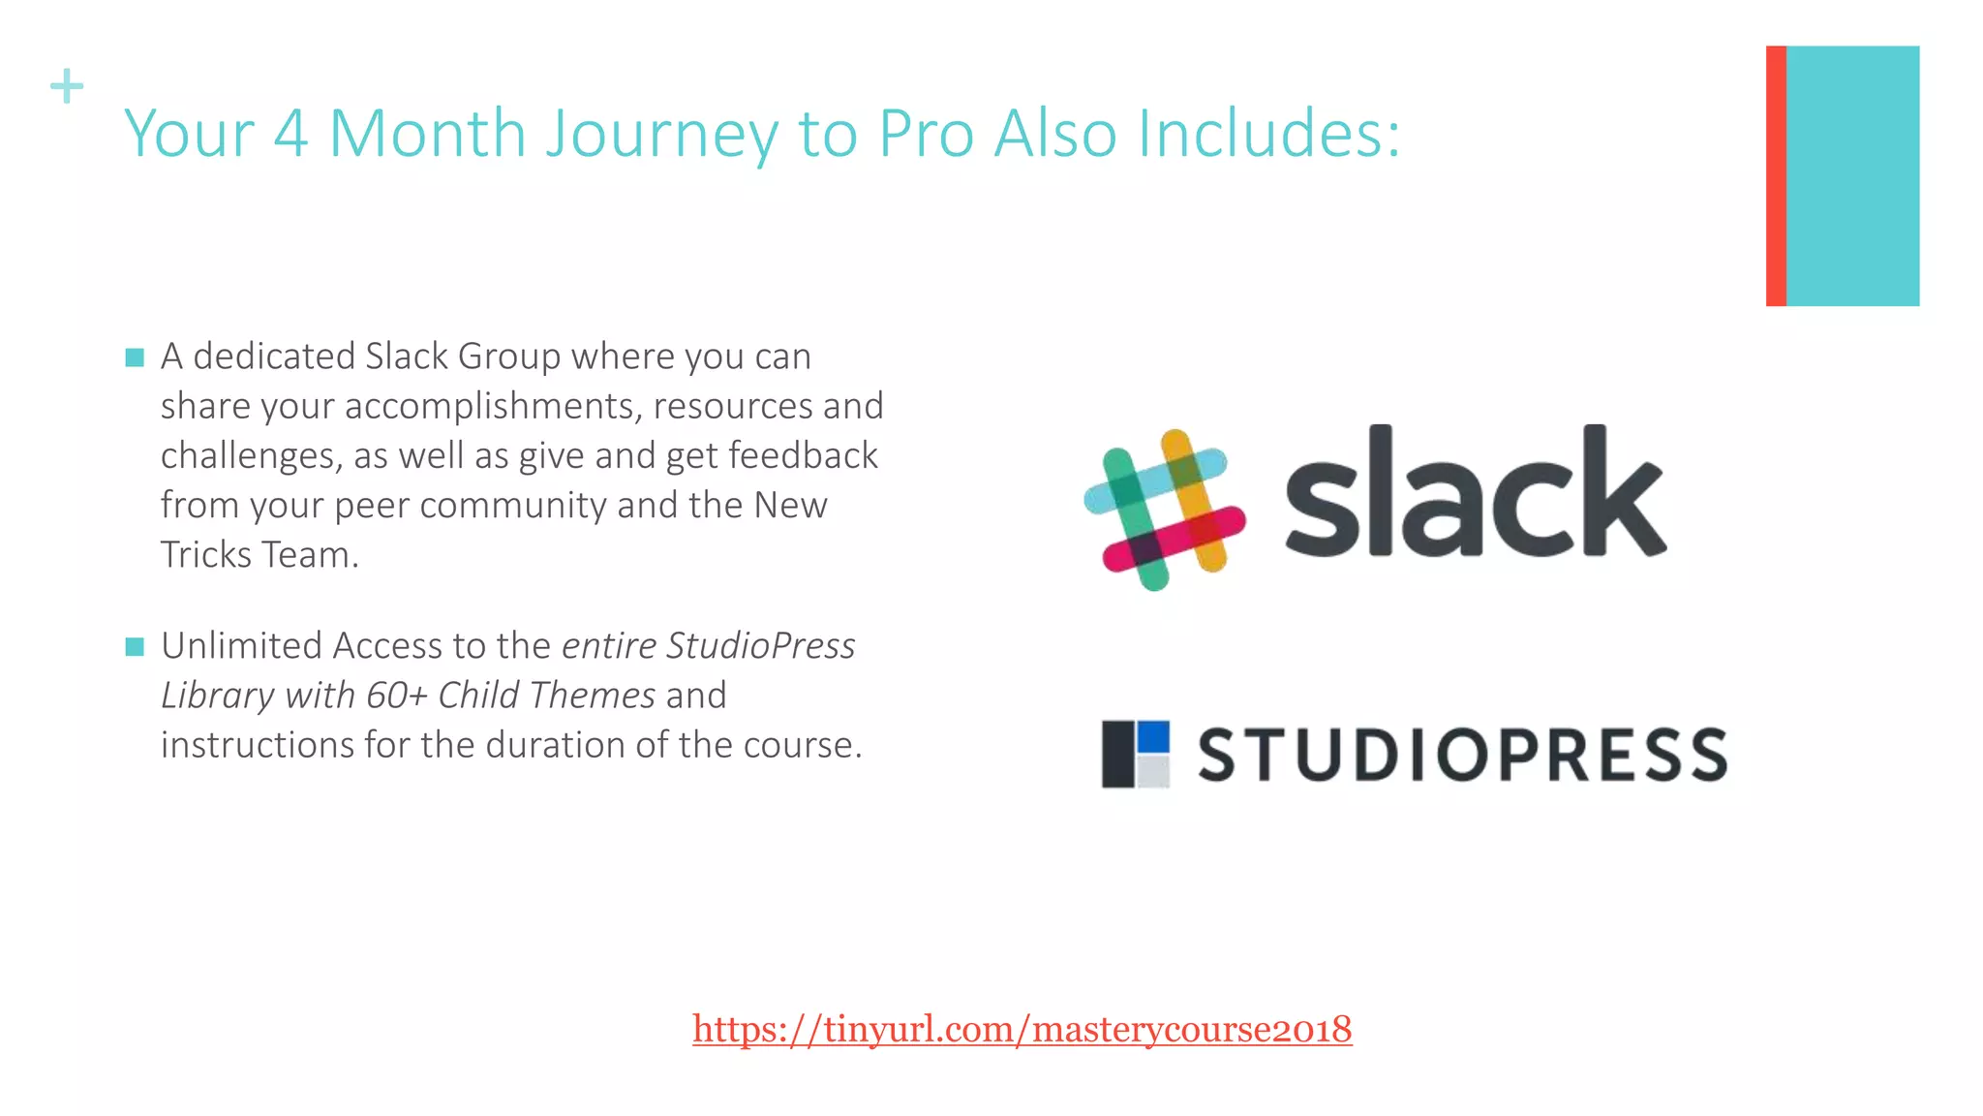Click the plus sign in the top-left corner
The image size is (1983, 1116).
(67, 86)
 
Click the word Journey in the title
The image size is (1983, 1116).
(660, 134)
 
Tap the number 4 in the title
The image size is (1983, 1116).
(290, 133)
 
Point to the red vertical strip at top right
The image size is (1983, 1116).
(1776, 175)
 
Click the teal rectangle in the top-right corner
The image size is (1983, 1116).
(1852, 175)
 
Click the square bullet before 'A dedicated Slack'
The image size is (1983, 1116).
(135, 357)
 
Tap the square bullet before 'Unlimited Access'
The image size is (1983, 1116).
(135, 646)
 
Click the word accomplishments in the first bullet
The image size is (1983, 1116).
(493, 406)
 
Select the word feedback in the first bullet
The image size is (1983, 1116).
(803, 455)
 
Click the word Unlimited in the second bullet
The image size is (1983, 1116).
(241, 646)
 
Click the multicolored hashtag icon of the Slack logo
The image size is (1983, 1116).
(1164, 510)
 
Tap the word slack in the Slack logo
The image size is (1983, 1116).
(1475, 494)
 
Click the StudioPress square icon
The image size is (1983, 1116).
(1135, 754)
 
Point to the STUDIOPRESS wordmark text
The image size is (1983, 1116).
(1462, 755)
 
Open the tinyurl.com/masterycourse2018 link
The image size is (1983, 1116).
(1022, 1029)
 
